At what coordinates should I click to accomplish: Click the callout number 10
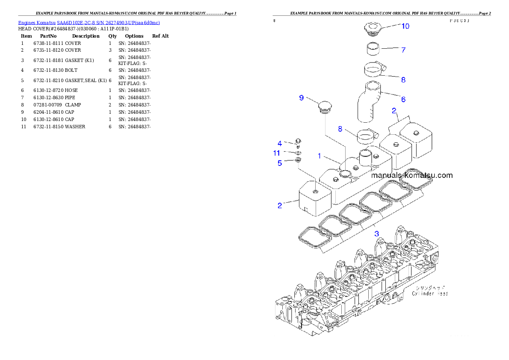[x=405, y=26]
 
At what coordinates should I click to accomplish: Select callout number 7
[x=403, y=50]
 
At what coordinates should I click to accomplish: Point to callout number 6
[x=403, y=99]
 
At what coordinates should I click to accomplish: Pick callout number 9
[x=302, y=98]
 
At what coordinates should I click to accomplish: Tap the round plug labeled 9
[x=326, y=106]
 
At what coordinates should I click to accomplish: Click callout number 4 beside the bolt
[x=280, y=143]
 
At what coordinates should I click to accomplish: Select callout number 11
[x=277, y=153]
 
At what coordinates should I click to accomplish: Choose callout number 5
[x=280, y=163]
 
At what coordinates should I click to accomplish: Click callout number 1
[x=319, y=156]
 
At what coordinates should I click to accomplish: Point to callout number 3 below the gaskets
[x=376, y=233]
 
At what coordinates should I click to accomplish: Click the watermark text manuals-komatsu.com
[x=411, y=175]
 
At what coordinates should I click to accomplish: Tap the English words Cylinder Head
[x=429, y=294]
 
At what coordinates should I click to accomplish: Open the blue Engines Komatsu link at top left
[x=89, y=23]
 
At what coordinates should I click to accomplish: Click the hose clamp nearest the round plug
[x=367, y=136]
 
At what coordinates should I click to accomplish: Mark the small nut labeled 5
[x=298, y=160]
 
